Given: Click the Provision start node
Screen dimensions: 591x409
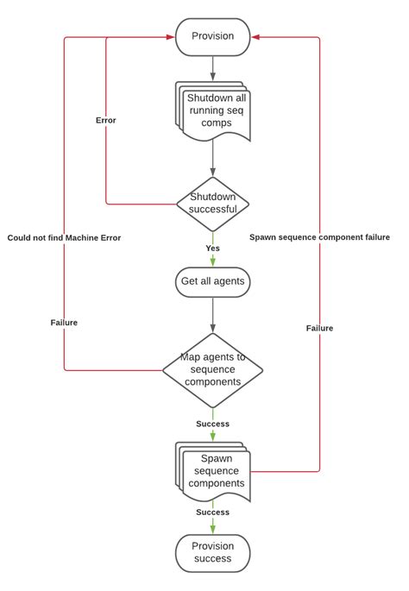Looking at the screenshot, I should coord(212,37).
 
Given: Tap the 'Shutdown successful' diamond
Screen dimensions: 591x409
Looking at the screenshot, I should coord(212,204).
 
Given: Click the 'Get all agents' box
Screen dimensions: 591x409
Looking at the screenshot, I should coord(212,281).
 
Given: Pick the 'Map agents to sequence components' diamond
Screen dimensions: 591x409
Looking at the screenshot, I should coord(212,370).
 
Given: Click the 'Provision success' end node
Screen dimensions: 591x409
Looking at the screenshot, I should coord(212,552).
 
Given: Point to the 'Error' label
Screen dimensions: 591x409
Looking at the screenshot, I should coord(105,121).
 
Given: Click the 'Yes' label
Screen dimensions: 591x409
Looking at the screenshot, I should coord(212,248).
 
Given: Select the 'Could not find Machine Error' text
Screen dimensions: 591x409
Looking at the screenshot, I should coord(64,237).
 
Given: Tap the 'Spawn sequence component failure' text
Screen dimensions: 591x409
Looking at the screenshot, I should coord(319,237).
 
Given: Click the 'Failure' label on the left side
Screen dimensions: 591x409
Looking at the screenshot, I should coord(64,323).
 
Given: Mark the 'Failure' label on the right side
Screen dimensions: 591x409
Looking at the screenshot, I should coord(319,328).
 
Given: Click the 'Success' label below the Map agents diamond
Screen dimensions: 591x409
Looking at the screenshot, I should coord(212,424).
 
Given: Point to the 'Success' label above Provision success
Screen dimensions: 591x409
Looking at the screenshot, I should coord(212,512).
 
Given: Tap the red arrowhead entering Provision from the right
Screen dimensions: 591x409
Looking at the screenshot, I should coord(256,37).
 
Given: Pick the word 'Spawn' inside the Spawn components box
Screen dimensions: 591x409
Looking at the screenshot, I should coord(217,458).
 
